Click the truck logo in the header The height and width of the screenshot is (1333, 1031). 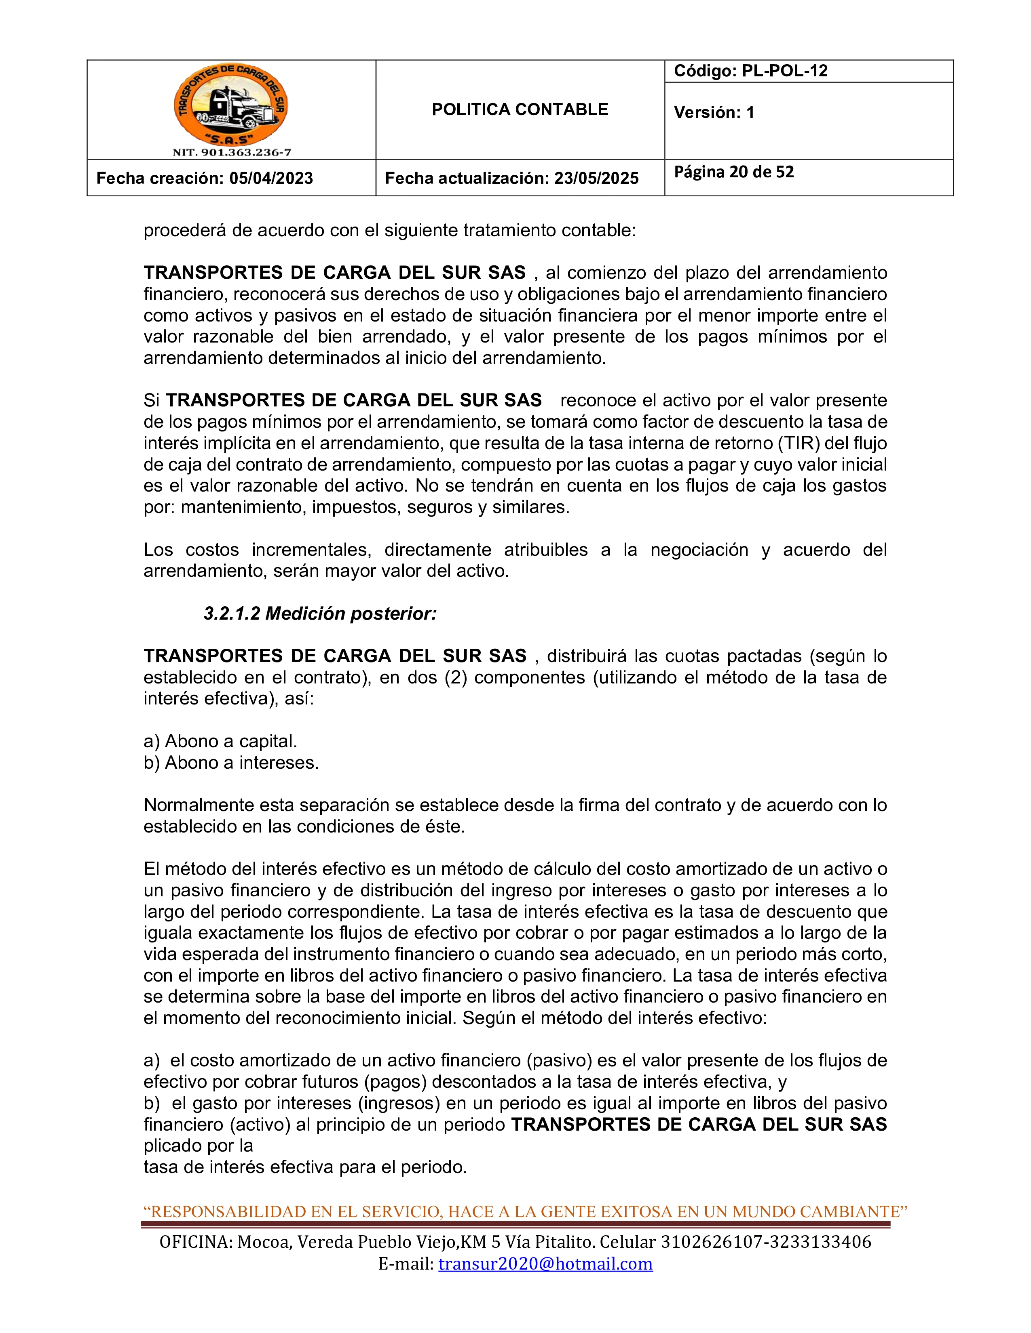pyautogui.click(x=231, y=105)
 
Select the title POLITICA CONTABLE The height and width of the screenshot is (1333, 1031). pyautogui.click(x=520, y=110)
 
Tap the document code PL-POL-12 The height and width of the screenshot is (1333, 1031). pyautogui.click(x=784, y=71)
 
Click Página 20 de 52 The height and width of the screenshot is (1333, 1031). pyautogui.click(x=733, y=172)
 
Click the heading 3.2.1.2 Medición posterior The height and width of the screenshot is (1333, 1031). pyautogui.click(x=320, y=614)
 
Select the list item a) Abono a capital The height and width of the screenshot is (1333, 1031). pyautogui.click(x=220, y=741)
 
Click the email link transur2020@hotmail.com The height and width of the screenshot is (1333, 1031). pyautogui.click(x=545, y=1264)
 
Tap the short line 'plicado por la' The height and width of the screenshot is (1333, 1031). pyautogui.click(x=198, y=1146)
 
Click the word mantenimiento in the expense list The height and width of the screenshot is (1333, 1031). pyautogui.click(x=243, y=507)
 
